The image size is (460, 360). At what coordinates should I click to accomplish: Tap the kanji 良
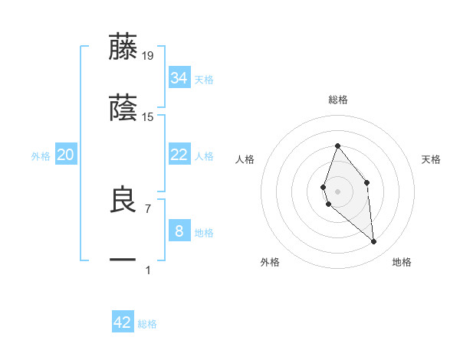click(x=123, y=200)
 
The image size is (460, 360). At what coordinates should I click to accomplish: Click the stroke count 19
click(x=148, y=55)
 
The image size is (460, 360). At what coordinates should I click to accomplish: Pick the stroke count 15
click(x=148, y=117)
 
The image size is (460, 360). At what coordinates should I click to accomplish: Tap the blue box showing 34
click(x=179, y=78)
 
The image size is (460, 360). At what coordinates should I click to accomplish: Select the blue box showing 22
click(x=179, y=155)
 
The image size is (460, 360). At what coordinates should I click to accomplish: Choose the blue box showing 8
click(x=179, y=231)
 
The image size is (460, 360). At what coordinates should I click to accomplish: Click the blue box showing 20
click(x=66, y=155)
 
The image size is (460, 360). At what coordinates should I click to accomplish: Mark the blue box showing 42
click(x=123, y=322)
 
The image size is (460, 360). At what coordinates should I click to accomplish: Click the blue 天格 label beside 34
click(x=204, y=79)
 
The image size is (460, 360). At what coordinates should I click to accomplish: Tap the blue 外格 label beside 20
click(x=41, y=155)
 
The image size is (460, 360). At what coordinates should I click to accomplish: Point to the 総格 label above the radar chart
click(x=338, y=100)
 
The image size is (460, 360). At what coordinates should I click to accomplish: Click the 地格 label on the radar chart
click(x=402, y=262)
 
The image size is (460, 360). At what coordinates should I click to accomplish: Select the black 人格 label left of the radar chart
click(x=245, y=159)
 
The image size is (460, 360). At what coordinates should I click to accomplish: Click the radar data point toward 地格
click(x=374, y=242)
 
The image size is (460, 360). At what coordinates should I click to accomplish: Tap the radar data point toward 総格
click(x=337, y=146)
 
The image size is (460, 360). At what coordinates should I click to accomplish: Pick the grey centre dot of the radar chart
click(x=337, y=191)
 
